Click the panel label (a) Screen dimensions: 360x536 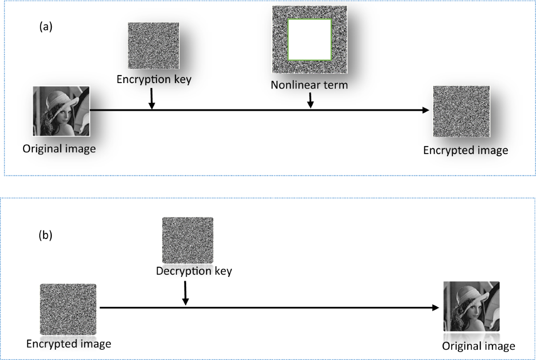[46, 27]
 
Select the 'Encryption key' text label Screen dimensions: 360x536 [154, 79]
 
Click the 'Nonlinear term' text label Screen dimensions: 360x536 [309, 84]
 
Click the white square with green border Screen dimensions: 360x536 [310, 39]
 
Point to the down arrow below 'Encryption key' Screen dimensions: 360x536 [152, 99]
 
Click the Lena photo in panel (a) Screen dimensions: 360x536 [62, 111]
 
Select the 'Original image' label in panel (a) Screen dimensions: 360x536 [59, 148]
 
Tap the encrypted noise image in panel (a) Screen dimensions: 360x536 [461, 112]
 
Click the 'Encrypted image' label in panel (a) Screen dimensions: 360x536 [465, 150]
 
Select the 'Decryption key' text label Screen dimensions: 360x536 [194, 271]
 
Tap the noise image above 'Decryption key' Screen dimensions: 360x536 [188, 240]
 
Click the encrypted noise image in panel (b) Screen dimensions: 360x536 [68, 309]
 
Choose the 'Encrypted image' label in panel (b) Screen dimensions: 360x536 [68, 344]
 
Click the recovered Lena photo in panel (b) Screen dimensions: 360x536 [471, 306]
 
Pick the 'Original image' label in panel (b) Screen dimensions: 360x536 [478, 346]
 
